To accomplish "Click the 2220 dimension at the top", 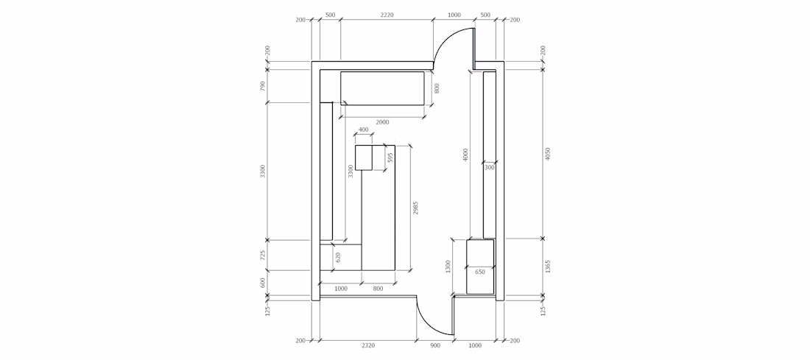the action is [x=387, y=15].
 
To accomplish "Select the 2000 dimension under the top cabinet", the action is [x=382, y=122].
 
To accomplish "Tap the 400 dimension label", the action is [x=364, y=130].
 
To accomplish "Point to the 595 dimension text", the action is [x=390, y=157].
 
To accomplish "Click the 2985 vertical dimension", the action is [x=416, y=208].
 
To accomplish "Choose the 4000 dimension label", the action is [x=465, y=155].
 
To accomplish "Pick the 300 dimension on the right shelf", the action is [x=489, y=167].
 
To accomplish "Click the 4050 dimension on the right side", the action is [x=548, y=154].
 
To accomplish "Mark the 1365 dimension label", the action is [x=548, y=267].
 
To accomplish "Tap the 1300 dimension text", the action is [x=448, y=267].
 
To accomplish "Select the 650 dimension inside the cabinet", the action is [x=480, y=272].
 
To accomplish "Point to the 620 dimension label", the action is [x=339, y=257].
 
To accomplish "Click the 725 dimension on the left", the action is [x=263, y=255].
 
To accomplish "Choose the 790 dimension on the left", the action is [x=263, y=85].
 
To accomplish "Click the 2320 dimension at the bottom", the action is [x=367, y=345].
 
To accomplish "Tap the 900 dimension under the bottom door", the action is [x=435, y=345].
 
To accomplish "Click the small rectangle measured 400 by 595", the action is [x=364, y=158].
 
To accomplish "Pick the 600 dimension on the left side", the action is [x=263, y=283].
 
